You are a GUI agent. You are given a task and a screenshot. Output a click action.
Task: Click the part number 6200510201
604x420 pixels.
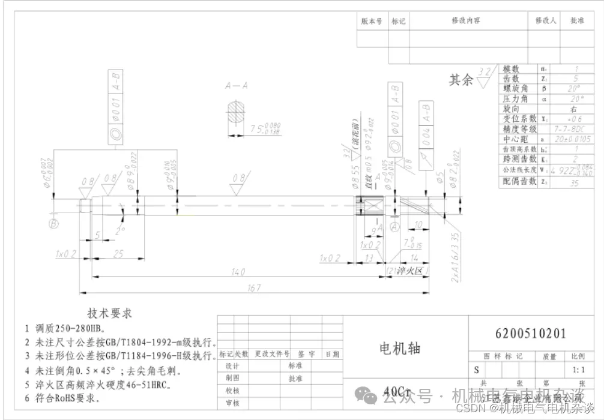pyautogui.click(x=530, y=333)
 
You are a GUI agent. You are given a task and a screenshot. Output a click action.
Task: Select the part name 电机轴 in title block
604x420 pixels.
pyautogui.click(x=400, y=349)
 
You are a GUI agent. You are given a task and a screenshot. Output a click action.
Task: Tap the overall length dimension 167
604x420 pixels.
pyautogui.click(x=255, y=287)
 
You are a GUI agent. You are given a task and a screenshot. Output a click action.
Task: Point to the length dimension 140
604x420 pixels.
pyautogui.click(x=238, y=272)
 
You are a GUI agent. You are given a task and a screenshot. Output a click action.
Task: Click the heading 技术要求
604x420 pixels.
pyautogui.click(x=110, y=313)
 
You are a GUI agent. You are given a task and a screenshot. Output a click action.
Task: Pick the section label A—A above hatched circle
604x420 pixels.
pyautogui.click(x=237, y=86)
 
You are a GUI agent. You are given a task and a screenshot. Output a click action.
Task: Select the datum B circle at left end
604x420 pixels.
pyautogui.click(x=54, y=224)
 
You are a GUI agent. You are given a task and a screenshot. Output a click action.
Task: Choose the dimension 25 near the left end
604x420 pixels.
pyautogui.click(x=118, y=254)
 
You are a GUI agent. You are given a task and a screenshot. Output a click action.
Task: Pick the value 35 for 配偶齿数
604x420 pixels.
pyautogui.click(x=575, y=182)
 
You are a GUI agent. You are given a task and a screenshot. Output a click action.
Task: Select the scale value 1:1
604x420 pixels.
pyautogui.click(x=579, y=370)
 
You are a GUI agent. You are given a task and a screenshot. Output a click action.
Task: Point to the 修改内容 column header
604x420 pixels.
pyautogui.click(x=466, y=20)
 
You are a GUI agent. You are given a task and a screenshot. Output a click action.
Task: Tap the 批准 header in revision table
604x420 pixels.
pyautogui.click(x=577, y=20)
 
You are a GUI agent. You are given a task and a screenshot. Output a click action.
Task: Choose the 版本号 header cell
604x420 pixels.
pyautogui.click(x=372, y=20)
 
